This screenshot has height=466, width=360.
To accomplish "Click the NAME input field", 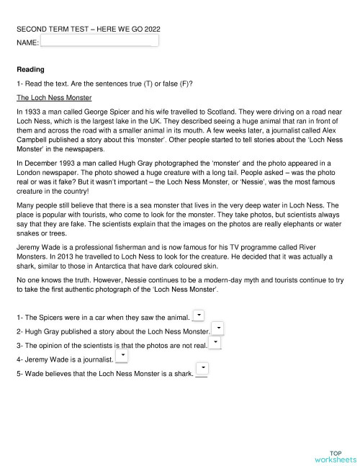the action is (x=99, y=42).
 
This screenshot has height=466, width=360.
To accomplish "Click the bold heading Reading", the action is (x=30, y=70).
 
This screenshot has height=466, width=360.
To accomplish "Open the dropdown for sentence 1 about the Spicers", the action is (x=199, y=315).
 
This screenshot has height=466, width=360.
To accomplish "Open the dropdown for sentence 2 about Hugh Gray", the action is (x=218, y=329).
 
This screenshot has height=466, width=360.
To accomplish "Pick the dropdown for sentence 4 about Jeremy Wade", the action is (x=122, y=357).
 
